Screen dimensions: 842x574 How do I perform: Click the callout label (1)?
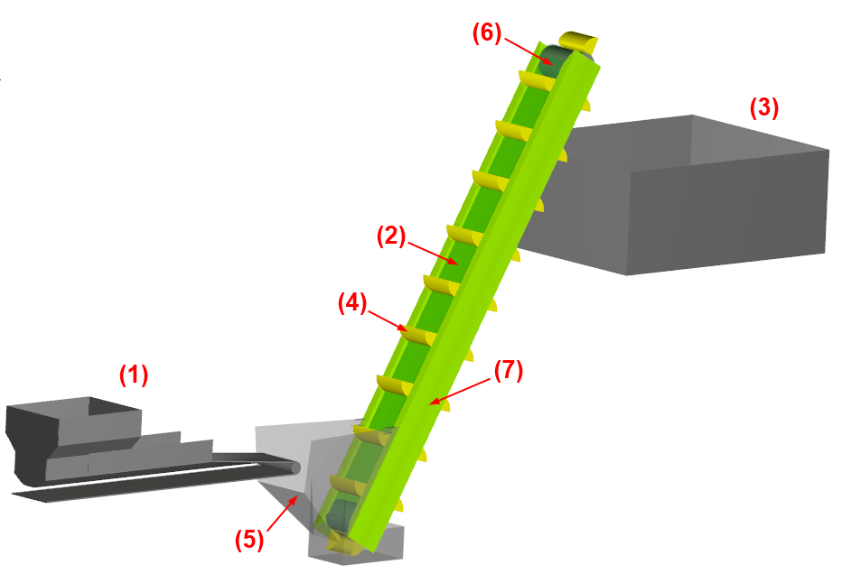pos(133,375)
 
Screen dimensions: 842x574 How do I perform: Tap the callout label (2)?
pos(391,236)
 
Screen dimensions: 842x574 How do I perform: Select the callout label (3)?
pos(763,107)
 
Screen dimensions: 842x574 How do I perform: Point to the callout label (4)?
pos(352,303)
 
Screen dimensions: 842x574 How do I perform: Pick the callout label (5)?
pos(249,539)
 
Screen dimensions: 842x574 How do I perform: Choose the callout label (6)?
pos(487,32)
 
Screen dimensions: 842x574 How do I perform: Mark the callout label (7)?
pos(508,370)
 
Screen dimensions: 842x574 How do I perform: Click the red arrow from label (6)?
pos(529,51)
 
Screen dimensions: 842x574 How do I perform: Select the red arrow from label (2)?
pos(433,254)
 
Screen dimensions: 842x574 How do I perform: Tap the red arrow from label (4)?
pos(388,320)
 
